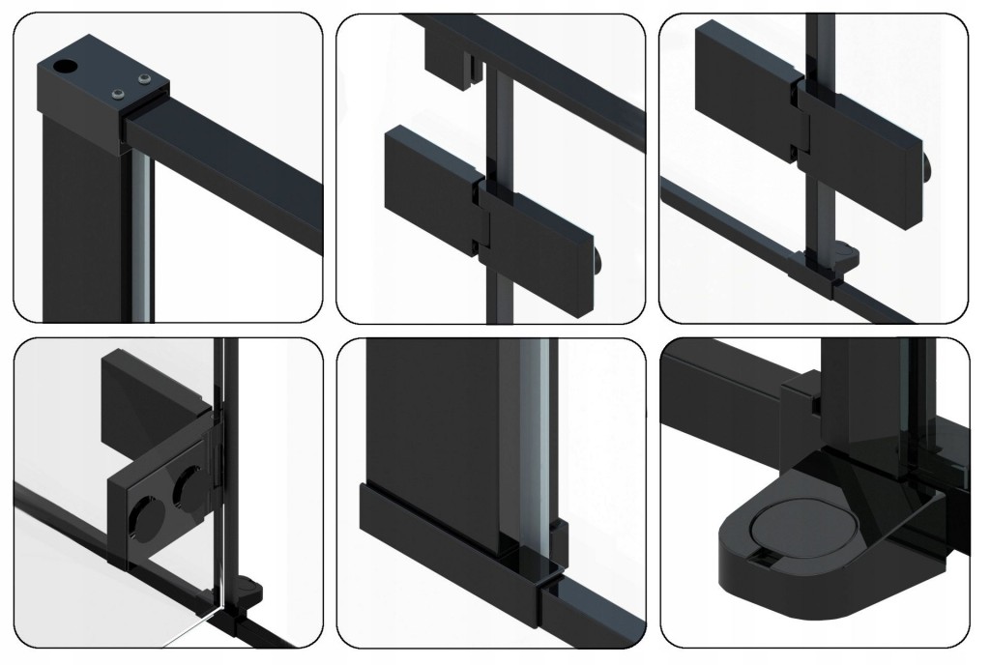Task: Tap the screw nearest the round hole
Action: pyautogui.click(x=118, y=93)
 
